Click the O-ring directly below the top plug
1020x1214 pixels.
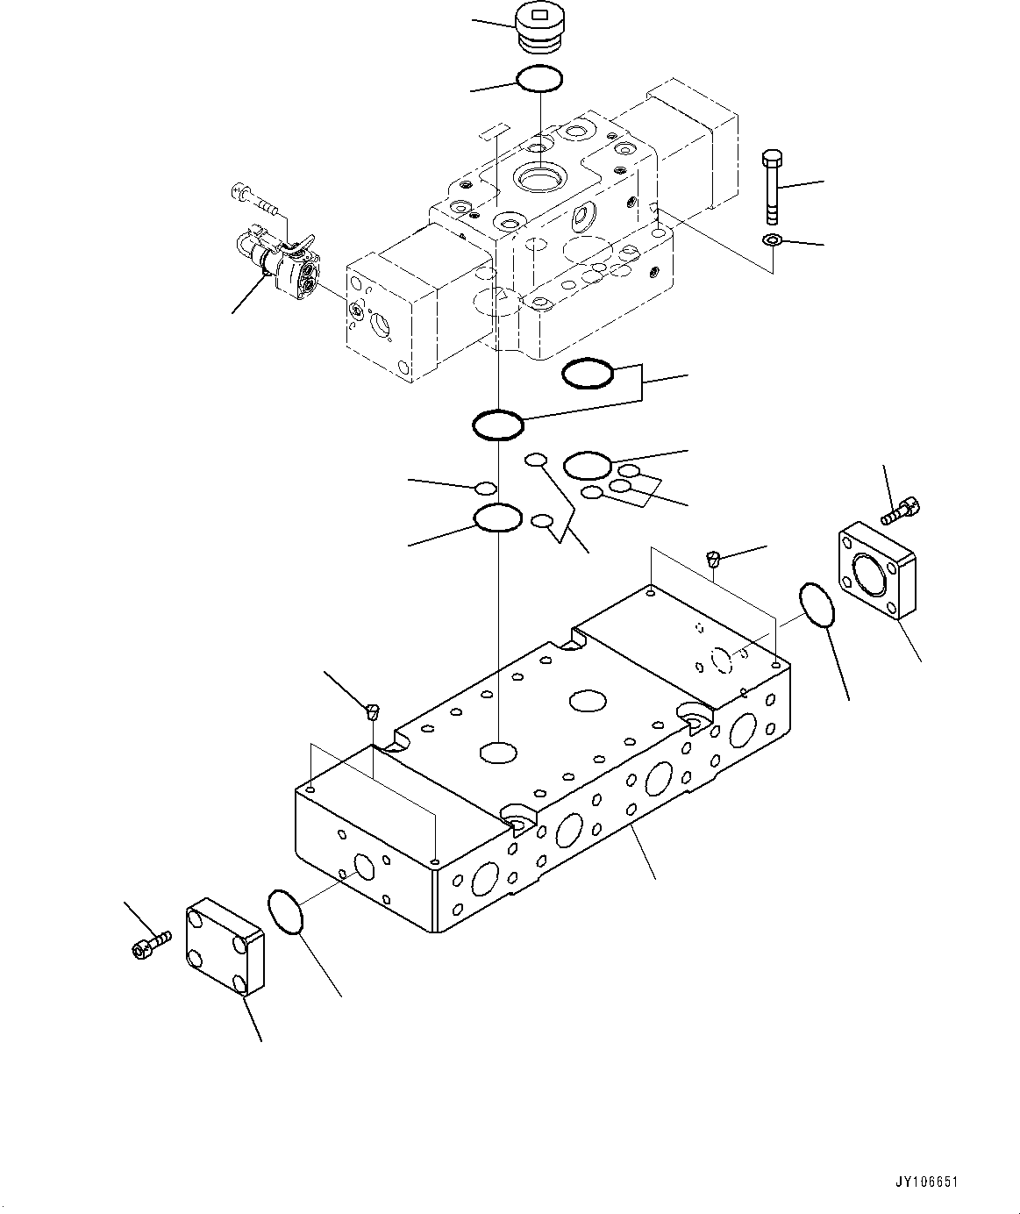[x=539, y=80]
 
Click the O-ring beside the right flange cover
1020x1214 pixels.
[x=817, y=606]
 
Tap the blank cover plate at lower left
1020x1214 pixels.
[x=224, y=946]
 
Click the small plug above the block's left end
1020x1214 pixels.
[x=371, y=711]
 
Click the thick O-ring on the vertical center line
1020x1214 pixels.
[x=497, y=426]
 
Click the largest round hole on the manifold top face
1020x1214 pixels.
[x=587, y=700]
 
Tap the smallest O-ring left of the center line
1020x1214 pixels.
[x=485, y=488]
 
